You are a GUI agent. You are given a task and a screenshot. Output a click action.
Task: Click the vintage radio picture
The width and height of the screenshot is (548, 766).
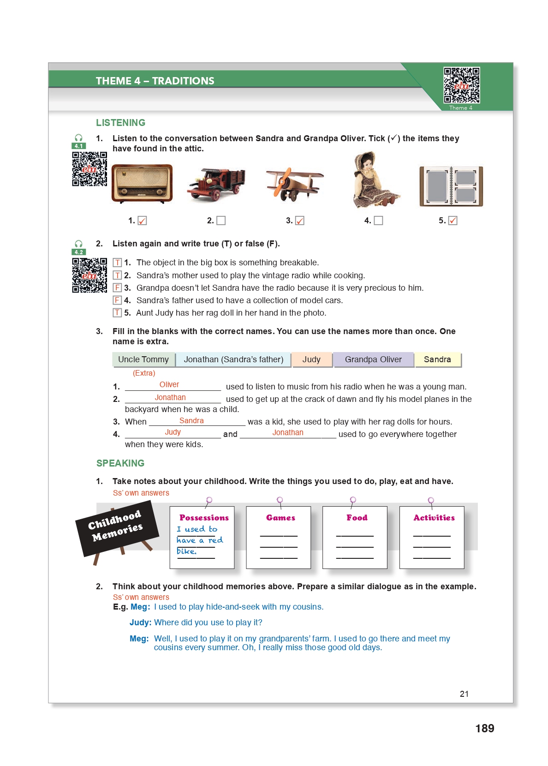pos(142,183)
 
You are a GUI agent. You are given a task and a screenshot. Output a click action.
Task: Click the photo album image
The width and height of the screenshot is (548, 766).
pos(451,186)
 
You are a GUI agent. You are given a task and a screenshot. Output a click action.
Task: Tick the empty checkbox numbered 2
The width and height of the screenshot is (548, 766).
pos(221,221)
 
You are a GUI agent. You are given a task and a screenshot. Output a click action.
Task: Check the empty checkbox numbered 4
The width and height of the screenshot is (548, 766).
pos(378,221)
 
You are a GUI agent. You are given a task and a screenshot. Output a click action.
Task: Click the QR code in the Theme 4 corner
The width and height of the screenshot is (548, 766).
pos(461,85)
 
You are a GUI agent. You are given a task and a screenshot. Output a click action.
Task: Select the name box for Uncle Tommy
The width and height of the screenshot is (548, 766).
pos(143,359)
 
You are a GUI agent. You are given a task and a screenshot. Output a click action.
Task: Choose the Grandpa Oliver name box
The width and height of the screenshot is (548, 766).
pos(373,359)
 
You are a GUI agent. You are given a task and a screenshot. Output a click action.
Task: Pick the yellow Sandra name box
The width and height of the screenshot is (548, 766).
pos(437,359)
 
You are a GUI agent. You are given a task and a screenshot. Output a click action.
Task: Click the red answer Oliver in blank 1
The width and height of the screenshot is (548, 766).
pos(169,384)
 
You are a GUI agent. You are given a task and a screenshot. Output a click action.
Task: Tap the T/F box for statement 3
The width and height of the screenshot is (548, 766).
pos(118,287)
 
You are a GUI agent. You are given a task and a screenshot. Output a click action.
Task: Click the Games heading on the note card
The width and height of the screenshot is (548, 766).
pos(280,518)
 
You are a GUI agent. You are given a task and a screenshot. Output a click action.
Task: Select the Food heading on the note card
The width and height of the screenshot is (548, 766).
pos(357,518)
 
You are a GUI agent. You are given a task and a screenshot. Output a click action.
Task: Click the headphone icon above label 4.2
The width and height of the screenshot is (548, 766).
pos(79,244)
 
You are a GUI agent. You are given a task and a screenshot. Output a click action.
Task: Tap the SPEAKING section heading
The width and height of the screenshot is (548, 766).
pos(120,463)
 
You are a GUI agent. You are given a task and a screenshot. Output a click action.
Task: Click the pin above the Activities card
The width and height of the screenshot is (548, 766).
pos(431,500)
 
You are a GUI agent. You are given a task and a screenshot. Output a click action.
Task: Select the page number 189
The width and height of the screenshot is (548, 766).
pos(484,728)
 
